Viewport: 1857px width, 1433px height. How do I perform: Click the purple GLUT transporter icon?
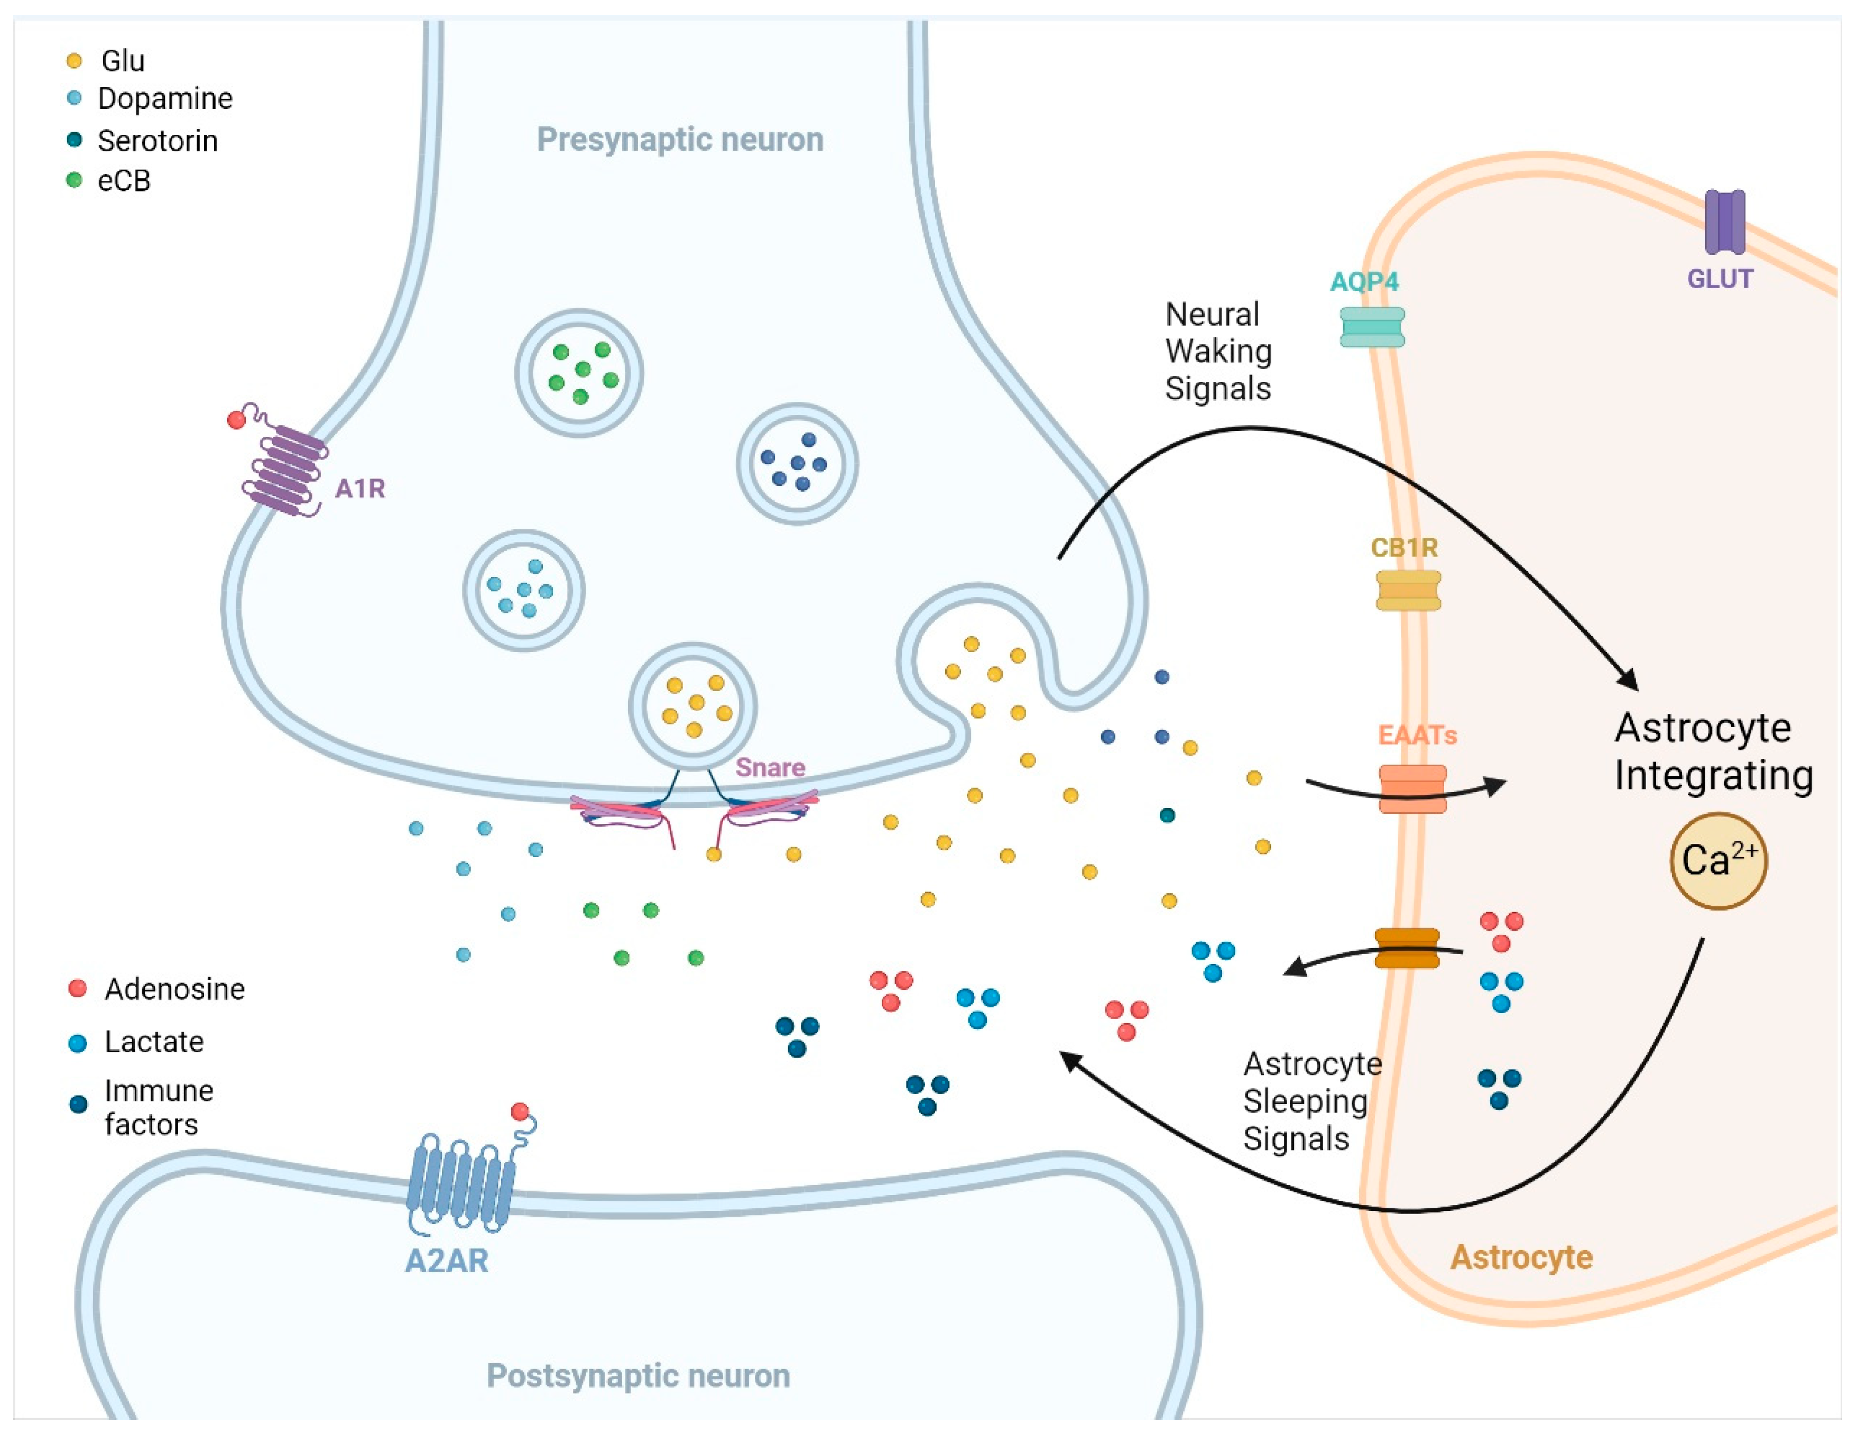coord(1724,222)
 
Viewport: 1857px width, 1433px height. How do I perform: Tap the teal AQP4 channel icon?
coord(1372,327)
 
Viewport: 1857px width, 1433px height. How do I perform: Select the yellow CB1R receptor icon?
coord(1408,590)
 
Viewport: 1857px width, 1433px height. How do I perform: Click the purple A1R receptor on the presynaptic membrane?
coord(285,470)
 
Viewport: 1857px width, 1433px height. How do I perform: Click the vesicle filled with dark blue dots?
coord(797,464)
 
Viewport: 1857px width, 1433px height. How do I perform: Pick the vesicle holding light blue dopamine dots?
coord(524,590)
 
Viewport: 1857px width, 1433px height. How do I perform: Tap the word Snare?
coord(770,767)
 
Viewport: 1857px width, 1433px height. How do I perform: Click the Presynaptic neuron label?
coord(679,140)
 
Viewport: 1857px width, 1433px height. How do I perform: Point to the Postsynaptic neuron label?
coord(638,1375)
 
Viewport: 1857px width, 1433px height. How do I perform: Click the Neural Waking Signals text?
coord(1217,351)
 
